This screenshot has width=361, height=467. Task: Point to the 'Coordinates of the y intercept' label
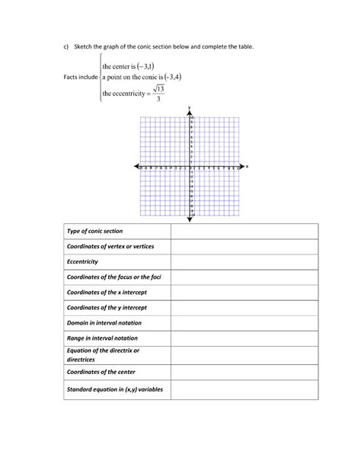(x=104, y=307)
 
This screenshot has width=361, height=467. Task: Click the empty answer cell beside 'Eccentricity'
(x=244, y=261)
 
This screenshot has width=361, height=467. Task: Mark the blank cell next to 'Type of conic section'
(x=244, y=231)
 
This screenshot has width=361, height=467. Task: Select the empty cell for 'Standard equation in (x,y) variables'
(x=244, y=389)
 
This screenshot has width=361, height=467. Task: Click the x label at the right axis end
(x=248, y=165)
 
